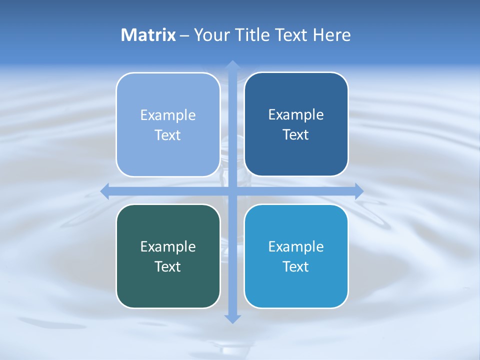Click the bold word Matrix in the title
pyautogui.click(x=148, y=35)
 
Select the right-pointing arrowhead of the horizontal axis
pyautogui.click(x=358, y=191)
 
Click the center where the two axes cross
pyautogui.click(x=232, y=191)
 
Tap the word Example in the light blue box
pyautogui.click(x=168, y=115)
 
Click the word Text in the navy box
pyautogui.click(x=296, y=135)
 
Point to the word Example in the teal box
pyautogui.click(x=168, y=246)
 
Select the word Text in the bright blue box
pyautogui.click(x=296, y=266)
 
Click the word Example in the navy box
pyautogui.click(x=296, y=115)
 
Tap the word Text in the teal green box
pyautogui.click(x=168, y=266)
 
